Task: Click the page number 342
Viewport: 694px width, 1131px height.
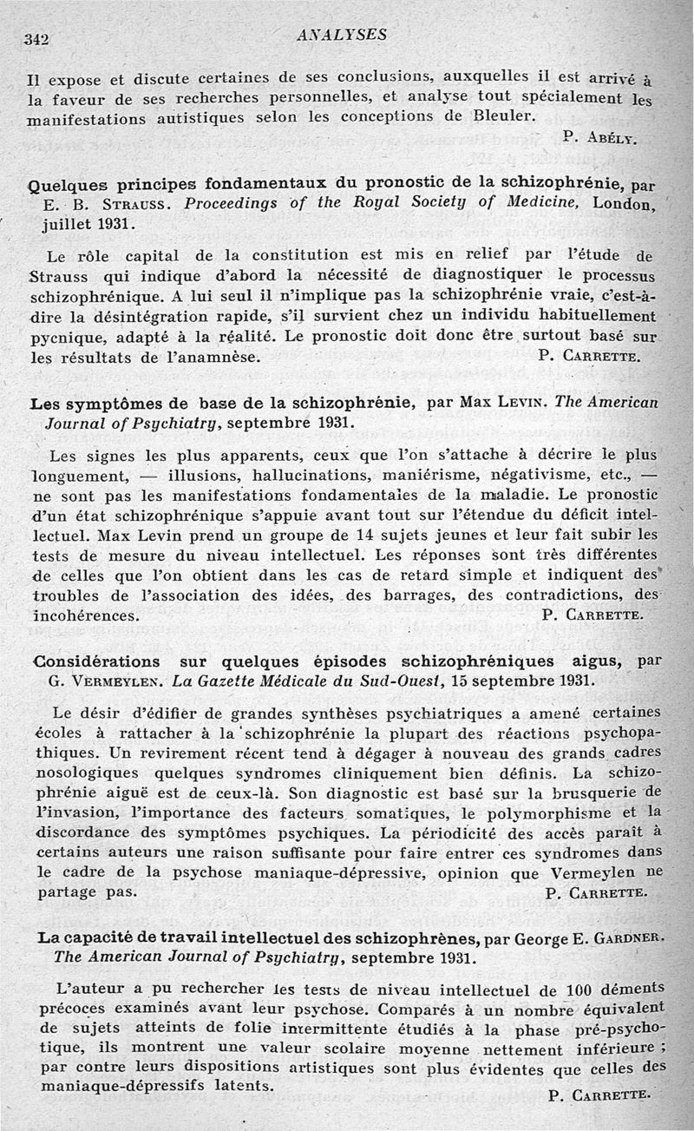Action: click(37, 38)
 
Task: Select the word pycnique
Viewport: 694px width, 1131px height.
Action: click(62, 334)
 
